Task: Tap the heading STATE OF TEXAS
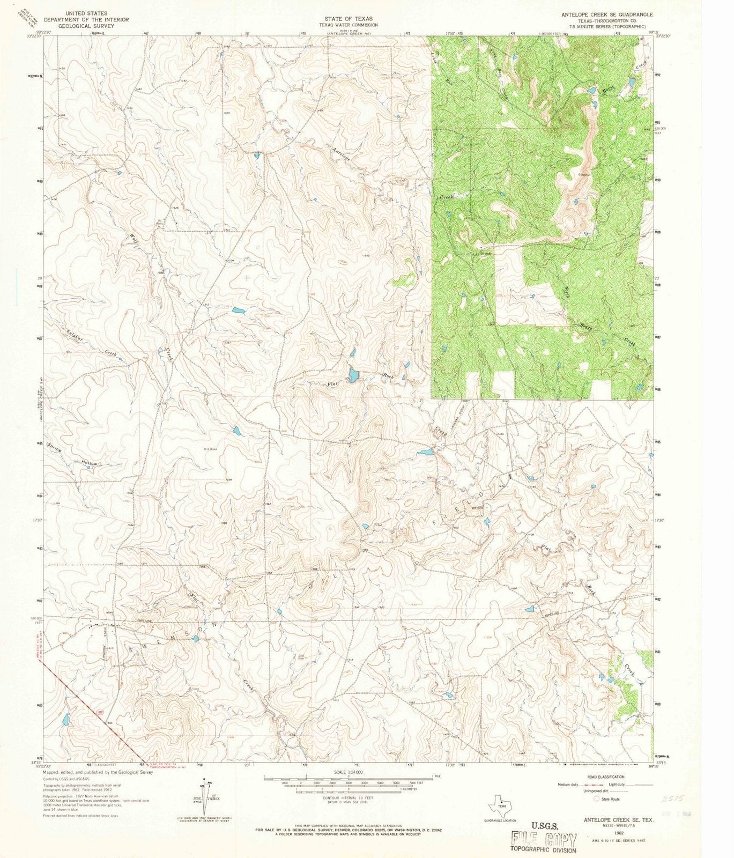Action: point(348,18)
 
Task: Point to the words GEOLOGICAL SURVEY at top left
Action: point(87,25)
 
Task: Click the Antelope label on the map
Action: point(342,154)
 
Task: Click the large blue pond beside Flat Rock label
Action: point(352,375)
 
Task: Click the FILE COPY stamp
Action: point(544,840)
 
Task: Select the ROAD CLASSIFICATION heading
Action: point(605,776)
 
